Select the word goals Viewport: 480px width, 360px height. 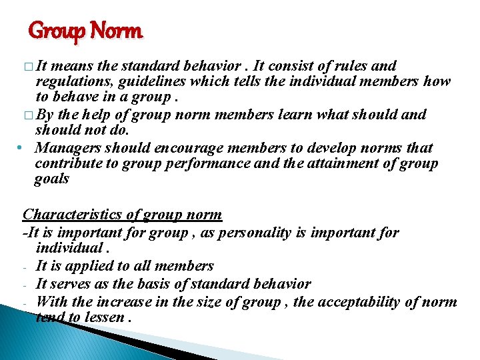(x=52, y=179)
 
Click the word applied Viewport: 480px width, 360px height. (x=104, y=266)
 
